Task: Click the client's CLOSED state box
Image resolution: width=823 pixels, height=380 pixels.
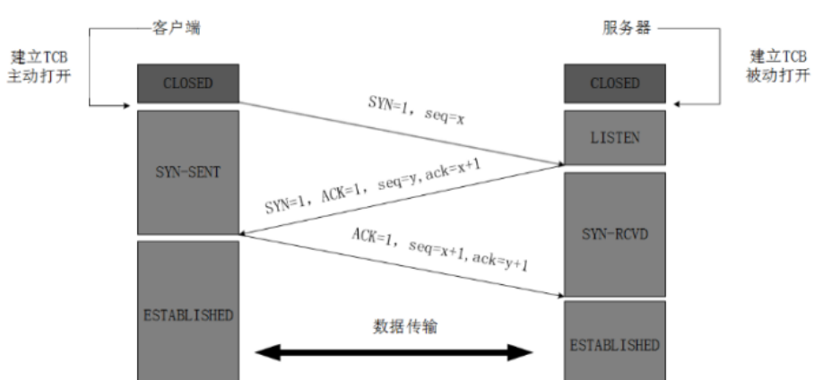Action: click(186, 84)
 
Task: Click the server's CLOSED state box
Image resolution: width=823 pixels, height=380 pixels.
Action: click(614, 84)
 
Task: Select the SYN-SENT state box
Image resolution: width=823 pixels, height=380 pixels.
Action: click(186, 171)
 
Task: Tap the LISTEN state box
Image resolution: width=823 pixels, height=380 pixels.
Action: click(614, 137)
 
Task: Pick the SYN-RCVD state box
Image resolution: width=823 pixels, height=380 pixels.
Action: click(614, 233)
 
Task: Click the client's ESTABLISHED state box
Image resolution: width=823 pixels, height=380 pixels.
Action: click(186, 315)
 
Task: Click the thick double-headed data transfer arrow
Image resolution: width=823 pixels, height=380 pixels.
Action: click(395, 352)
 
